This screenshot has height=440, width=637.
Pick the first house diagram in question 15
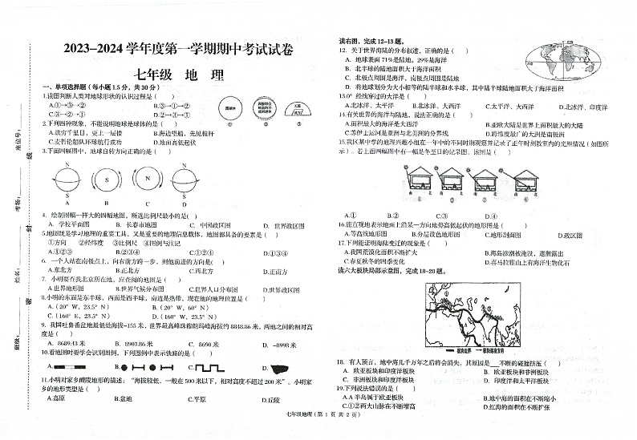[x=420, y=184]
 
